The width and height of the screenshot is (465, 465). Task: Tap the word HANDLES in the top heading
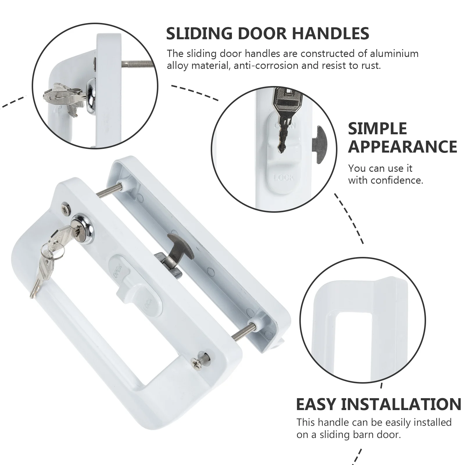330,33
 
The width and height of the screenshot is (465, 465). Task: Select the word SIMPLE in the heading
377,128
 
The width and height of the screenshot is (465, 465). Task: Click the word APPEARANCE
403,146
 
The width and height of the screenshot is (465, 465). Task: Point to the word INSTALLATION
401,404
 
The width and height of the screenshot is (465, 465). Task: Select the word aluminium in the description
394,54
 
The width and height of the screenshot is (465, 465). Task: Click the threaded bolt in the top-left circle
137,63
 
